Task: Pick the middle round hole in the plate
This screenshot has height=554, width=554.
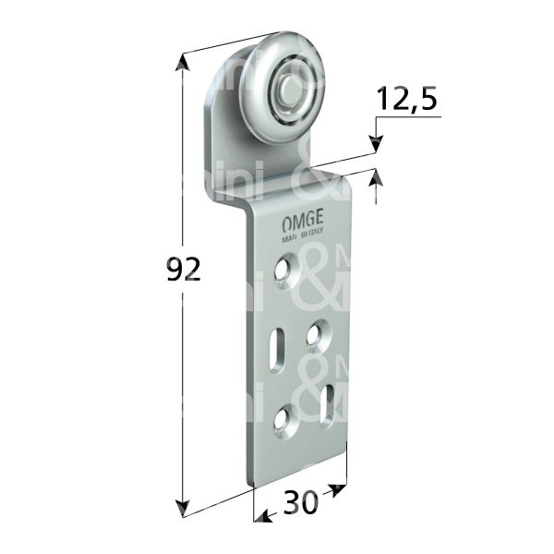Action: pyautogui.click(x=317, y=331)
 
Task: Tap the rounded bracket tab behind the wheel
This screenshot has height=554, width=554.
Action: pyautogui.click(x=219, y=102)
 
